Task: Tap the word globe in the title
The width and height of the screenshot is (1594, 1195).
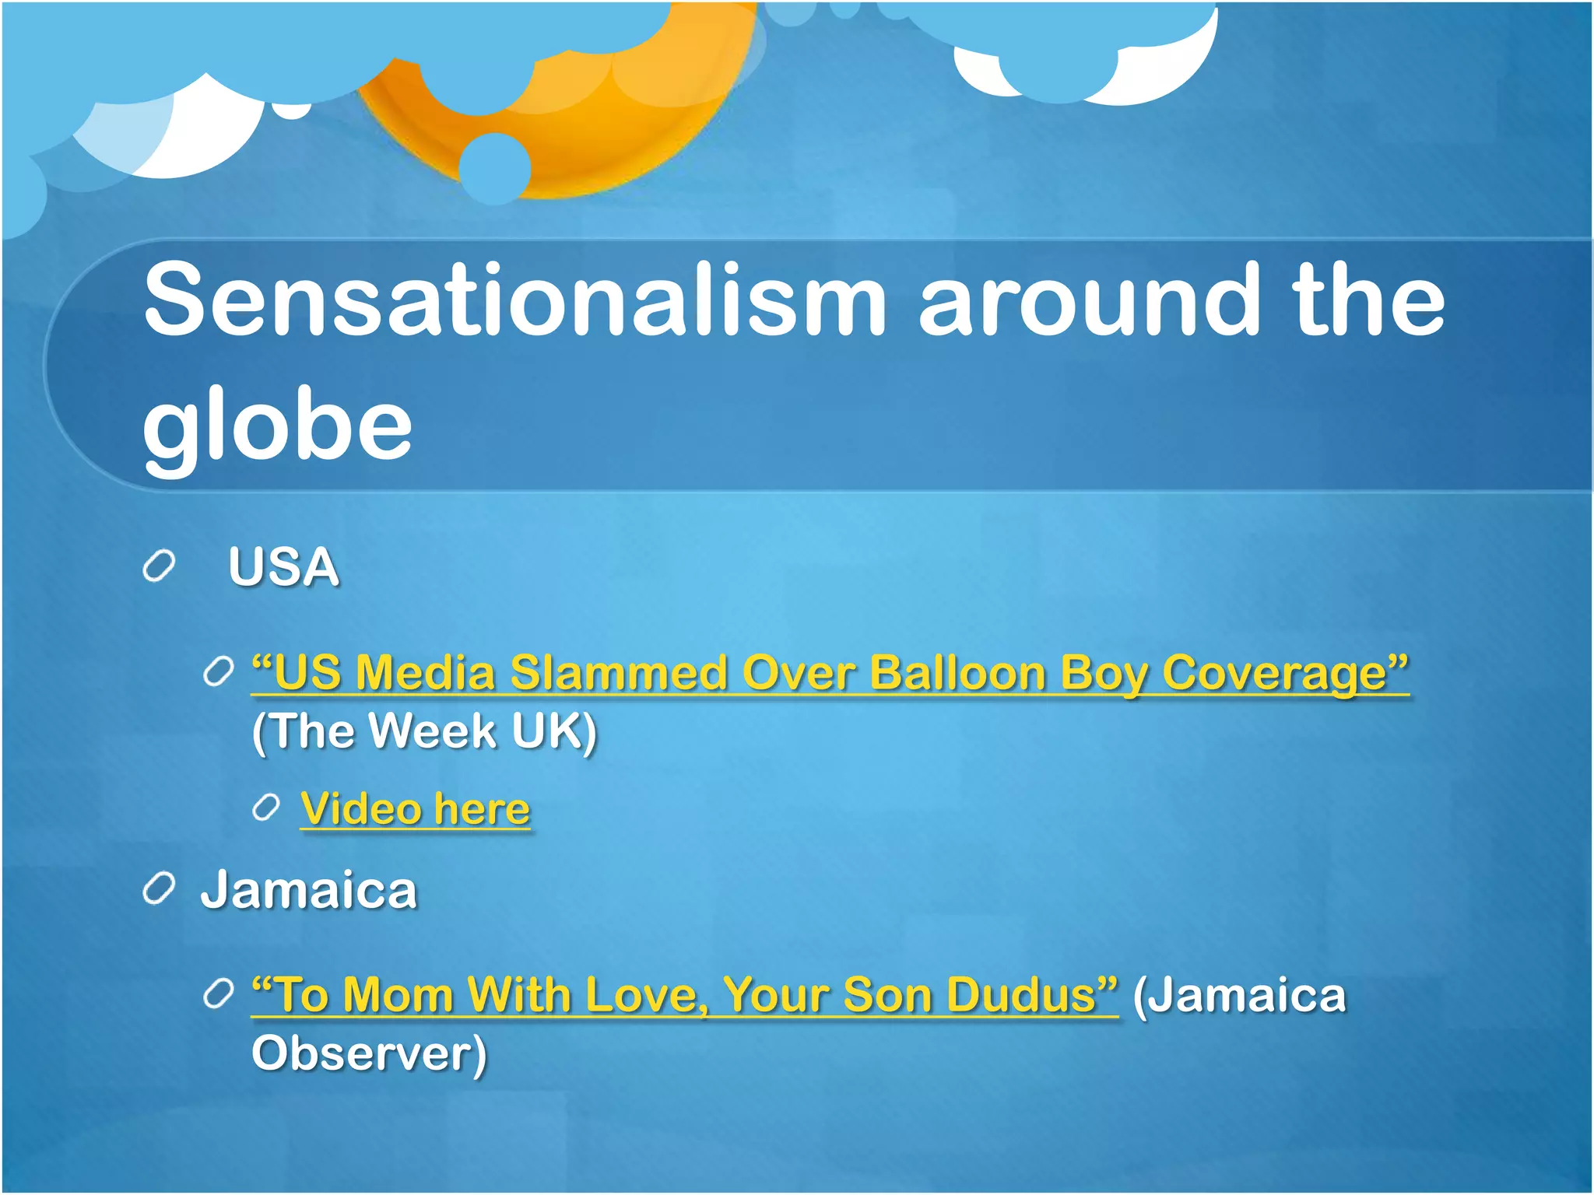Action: coord(277,424)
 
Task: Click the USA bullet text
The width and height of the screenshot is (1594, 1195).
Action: coord(283,567)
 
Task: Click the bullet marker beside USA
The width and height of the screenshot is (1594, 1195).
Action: coord(159,566)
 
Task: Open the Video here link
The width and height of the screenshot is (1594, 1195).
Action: coord(415,809)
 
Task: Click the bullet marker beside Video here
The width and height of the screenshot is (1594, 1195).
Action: coord(266,808)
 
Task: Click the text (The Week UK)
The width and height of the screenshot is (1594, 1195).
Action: coord(424,731)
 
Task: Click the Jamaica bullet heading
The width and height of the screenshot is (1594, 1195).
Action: coord(309,890)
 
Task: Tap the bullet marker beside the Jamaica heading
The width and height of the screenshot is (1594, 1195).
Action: coord(159,889)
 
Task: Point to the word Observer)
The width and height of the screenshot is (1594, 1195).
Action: coord(369,1053)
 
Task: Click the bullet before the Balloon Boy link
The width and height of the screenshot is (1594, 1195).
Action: coord(218,671)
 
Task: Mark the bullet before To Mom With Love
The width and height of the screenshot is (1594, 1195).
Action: coord(218,993)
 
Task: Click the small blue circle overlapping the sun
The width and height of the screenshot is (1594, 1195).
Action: coord(494,168)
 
